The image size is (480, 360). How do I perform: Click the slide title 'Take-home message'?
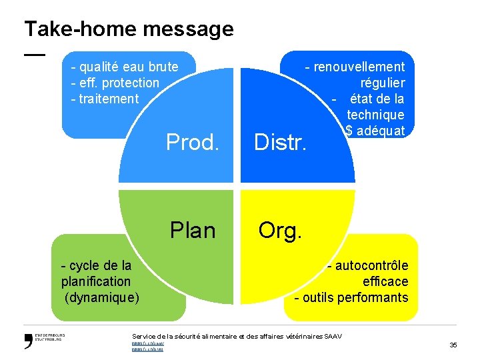(x=129, y=29)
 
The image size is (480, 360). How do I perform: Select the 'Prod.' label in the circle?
(x=193, y=141)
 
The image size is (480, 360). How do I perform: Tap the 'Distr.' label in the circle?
(x=280, y=141)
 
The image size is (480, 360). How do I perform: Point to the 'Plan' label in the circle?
(x=193, y=230)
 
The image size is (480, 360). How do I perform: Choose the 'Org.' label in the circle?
(x=280, y=230)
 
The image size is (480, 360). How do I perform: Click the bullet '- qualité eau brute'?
(x=125, y=67)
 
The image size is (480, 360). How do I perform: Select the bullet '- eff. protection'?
(x=115, y=83)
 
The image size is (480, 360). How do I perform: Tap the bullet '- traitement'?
(x=105, y=99)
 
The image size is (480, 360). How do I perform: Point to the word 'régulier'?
(x=383, y=83)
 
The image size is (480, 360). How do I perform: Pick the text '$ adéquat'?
(x=375, y=131)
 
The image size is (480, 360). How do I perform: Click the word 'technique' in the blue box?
(x=375, y=115)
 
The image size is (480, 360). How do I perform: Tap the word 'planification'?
(x=96, y=281)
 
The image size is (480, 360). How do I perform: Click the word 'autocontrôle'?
(x=372, y=265)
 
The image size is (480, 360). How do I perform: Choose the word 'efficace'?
(x=385, y=281)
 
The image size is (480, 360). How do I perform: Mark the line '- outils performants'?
(x=351, y=297)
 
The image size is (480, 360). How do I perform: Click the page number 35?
(x=453, y=345)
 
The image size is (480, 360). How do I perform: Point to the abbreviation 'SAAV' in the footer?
(x=333, y=336)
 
